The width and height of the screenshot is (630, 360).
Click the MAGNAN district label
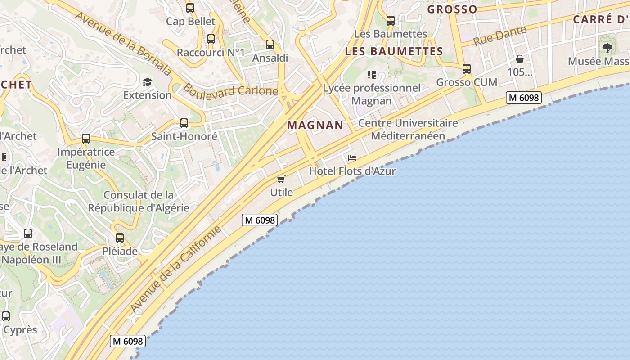point(315,125)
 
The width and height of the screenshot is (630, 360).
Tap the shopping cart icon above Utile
point(281,180)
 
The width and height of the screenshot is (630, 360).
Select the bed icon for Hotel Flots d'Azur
point(352,158)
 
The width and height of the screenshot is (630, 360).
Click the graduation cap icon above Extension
point(147,82)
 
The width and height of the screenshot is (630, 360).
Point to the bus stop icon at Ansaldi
point(270,45)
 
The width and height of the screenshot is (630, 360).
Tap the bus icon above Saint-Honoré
point(184,123)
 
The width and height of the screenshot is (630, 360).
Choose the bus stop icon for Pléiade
point(119,238)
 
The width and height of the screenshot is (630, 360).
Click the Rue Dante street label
point(500,36)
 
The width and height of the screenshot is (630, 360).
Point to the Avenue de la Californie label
point(176,269)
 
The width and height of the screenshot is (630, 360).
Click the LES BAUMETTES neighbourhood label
point(394,51)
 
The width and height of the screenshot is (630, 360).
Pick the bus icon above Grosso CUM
point(467,69)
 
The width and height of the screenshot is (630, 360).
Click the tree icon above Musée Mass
point(607,48)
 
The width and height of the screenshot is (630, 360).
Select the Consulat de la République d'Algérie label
point(139,201)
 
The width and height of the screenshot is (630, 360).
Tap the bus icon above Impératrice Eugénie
point(86,139)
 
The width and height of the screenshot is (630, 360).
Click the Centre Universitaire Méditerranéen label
point(408,129)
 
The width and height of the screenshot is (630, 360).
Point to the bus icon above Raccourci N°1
point(211,39)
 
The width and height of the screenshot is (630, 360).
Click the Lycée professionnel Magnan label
point(372,94)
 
